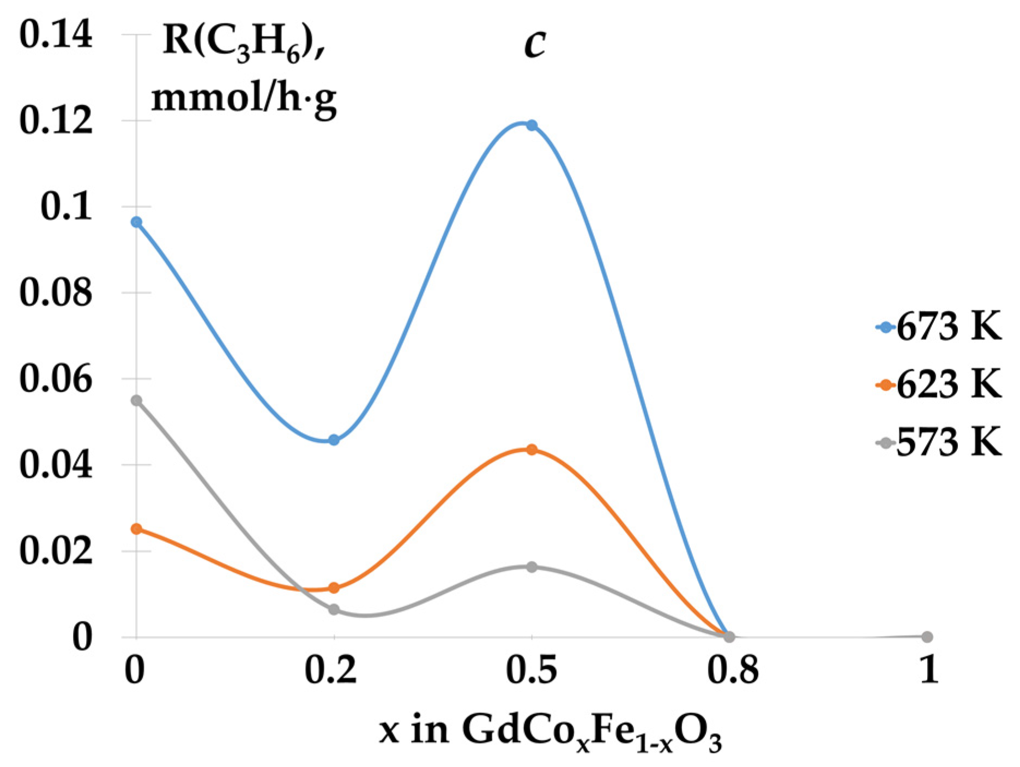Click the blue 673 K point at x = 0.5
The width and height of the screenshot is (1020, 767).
[x=532, y=125]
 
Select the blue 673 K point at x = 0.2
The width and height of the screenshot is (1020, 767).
[x=334, y=440]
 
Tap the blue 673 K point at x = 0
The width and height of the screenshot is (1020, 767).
[x=136, y=222]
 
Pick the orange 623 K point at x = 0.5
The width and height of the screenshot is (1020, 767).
[x=532, y=450]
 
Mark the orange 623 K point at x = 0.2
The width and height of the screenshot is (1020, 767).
[x=334, y=588]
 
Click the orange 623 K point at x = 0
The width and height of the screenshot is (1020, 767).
[x=136, y=529]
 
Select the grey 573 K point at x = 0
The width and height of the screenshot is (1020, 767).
[x=136, y=400]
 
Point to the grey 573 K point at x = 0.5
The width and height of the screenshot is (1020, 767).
[x=532, y=567]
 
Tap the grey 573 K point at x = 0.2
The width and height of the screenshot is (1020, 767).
[x=334, y=609]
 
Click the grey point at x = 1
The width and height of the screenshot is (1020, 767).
[x=927, y=637]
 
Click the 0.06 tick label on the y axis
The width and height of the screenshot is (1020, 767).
[x=56, y=379]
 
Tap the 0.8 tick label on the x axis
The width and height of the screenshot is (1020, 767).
[x=732, y=670]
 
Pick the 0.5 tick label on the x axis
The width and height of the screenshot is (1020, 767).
[x=532, y=670]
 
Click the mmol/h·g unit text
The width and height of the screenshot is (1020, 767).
[x=244, y=98]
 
